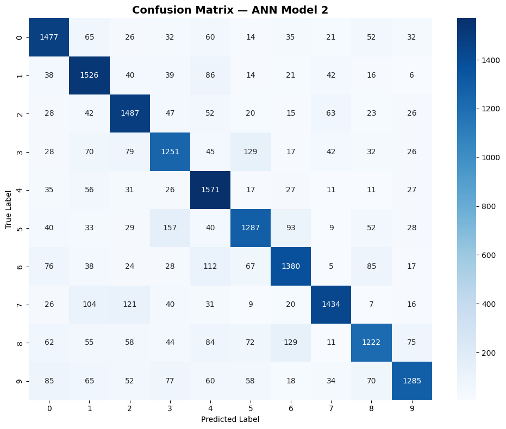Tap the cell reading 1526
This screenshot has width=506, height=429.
pos(89,75)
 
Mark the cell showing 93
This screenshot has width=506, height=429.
pos(291,228)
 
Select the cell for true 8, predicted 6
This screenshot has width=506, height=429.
pos(291,342)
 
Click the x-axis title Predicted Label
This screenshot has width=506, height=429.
pos(230,419)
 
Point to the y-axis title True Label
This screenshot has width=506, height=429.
pos(9,209)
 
